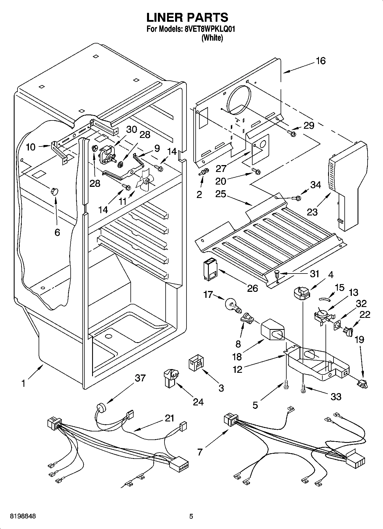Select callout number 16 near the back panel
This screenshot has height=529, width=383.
coord(321,61)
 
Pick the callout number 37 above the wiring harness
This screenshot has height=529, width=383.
coord(140,378)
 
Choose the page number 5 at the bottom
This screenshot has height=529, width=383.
coord(191,516)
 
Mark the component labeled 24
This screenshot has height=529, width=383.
coord(170,377)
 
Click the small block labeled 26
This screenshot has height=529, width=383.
coord(210,269)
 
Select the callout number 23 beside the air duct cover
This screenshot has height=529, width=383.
coord(312,212)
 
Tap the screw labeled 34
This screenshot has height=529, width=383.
coord(296,198)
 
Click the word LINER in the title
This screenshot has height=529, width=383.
coord(165,17)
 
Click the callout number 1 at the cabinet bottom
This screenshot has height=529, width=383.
coord(23,383)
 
